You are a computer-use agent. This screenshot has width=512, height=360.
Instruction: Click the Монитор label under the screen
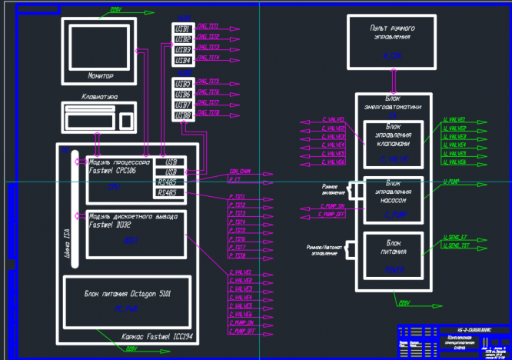(101, 76)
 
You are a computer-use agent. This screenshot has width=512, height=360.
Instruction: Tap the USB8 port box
(183, 115)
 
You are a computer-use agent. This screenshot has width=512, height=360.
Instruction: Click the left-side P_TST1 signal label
(237, 197)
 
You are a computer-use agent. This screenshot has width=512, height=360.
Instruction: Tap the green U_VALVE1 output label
(454, 120)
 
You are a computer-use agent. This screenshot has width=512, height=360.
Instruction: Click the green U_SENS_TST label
(456, 246)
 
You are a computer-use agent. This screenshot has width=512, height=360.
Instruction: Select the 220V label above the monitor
(115, 10)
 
